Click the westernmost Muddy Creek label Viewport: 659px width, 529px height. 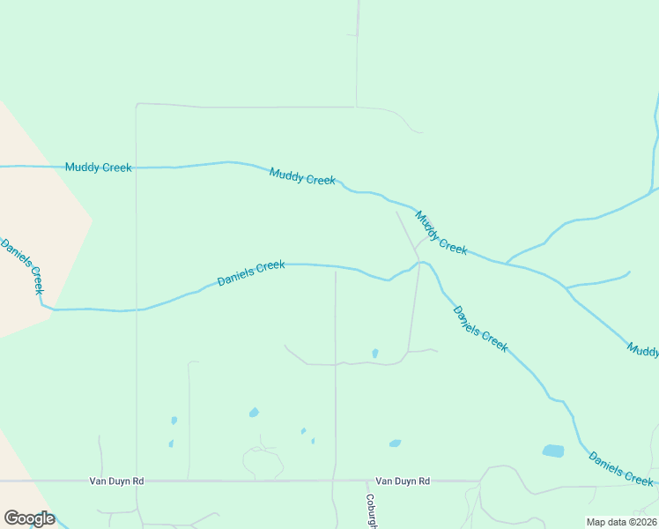(99, 167)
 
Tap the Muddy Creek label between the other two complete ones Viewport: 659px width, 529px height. (302, 176)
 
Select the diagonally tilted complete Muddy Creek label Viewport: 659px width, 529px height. (441, 233)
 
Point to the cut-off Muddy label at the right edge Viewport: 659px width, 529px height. (643, 350)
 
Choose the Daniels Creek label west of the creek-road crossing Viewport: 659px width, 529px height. (251, 272)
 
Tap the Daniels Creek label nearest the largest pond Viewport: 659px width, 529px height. (621, 468)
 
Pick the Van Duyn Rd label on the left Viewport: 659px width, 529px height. (116, 481)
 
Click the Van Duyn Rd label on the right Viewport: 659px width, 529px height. (403, 481)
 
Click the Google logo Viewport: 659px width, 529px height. (29, 518)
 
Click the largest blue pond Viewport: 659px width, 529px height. (553, 451)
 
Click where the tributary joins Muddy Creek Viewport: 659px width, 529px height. (506, 263)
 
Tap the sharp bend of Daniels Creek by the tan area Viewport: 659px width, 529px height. (42, 304)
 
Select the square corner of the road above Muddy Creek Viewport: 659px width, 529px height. (137, 104)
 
